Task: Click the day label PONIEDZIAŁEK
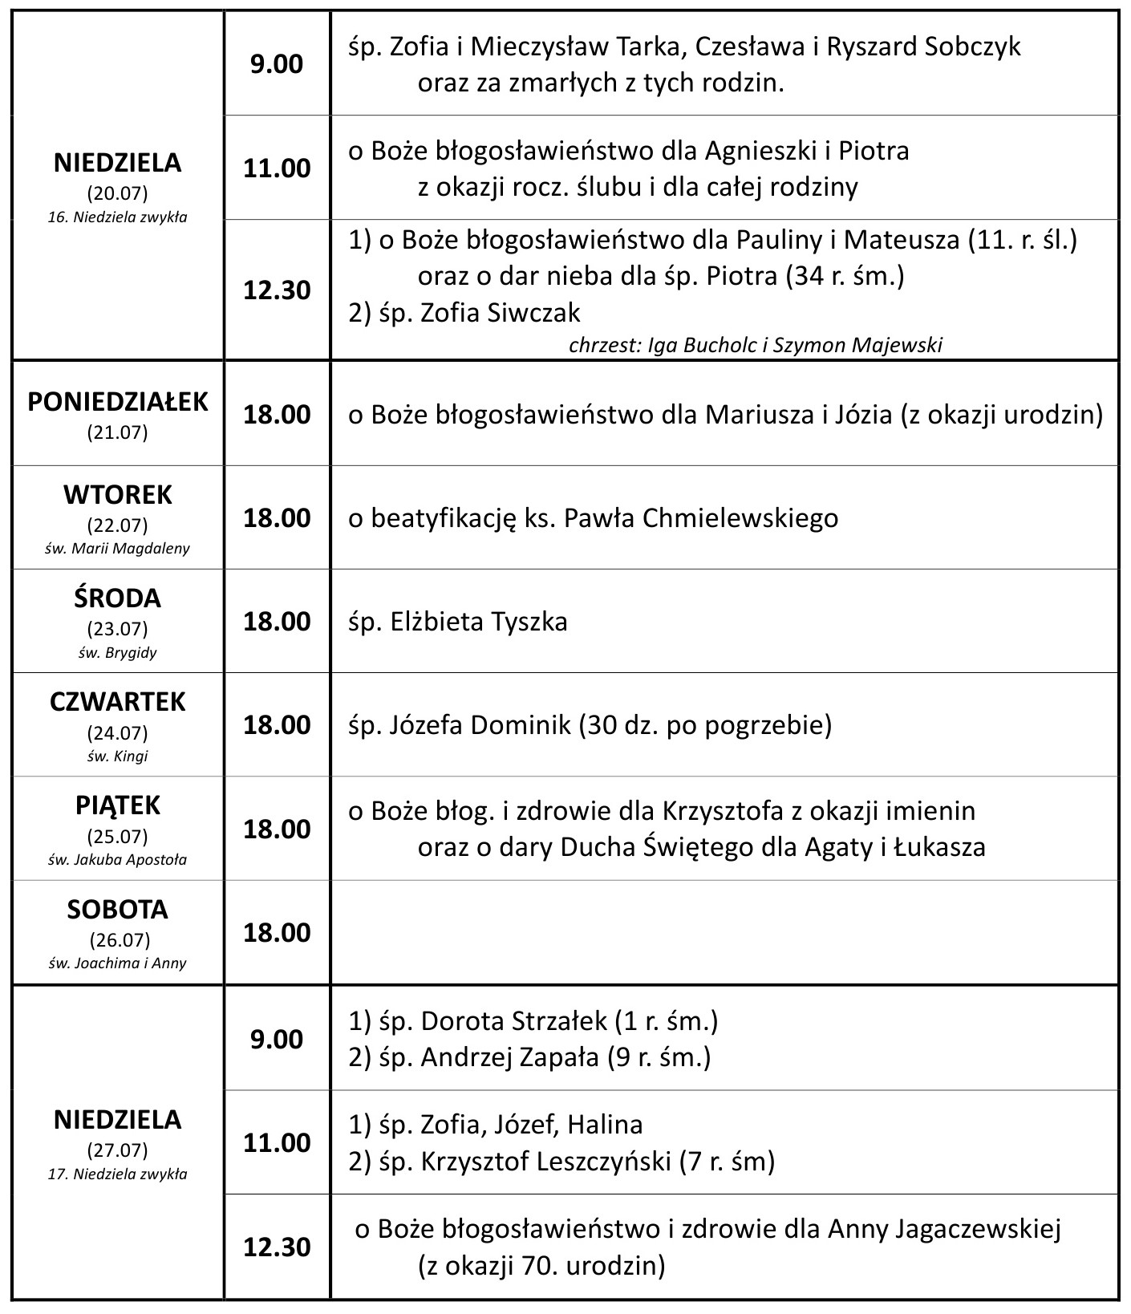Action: pyautogui.click(x=117, y=401)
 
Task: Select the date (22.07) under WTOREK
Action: pyautogui.click(x=117, y=525)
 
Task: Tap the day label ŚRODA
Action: pyautogui.click(x=117, y=598)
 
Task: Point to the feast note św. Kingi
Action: pyautogui.click(x=117, y=756)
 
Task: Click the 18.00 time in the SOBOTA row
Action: pyautogui.click(x=277, y=932)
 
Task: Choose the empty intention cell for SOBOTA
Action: pyautogui.click(x=724, y=932)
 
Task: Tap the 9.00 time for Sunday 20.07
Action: pyautogui.click(x=277, y=64)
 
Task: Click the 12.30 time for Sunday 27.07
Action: pyautogui.click(x=277, y=1247)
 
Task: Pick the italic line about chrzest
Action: pyautogui.click(x=755, y=345)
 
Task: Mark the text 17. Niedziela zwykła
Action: pyautogui.click(x=117, y=1174)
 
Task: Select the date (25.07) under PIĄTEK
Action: pyautogui.click(x=117, y=837)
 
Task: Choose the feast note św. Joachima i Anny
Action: pyautogui.click(x=117, y=963)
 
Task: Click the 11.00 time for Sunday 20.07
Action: pyautogui.click(x=277, y=168)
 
